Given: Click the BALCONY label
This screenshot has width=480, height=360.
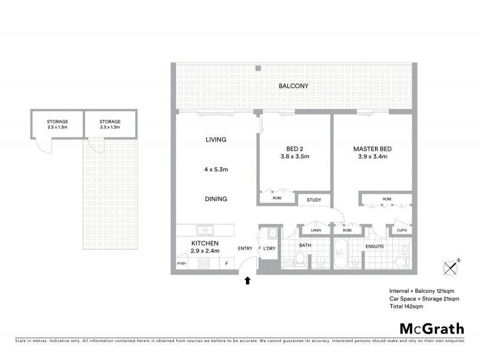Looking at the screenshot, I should [x=293, y=86].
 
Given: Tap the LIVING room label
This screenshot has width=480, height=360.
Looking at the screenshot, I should [x=215, y=140].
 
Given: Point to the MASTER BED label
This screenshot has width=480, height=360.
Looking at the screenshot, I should [x=373, y=149].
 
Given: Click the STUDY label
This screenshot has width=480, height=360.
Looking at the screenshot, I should [x=314, y=200].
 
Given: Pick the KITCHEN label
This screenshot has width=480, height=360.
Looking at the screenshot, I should [x=202, y=243].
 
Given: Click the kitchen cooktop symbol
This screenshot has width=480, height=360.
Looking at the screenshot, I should [x=203, y=263].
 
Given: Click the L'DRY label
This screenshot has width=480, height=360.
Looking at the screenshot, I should [x=268, y=248].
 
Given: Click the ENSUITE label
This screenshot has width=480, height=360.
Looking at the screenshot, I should [x=374, y=247].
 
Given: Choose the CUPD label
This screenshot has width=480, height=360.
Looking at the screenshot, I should [x=401, y=230].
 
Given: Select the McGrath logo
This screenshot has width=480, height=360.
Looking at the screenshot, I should [x=431, y=328].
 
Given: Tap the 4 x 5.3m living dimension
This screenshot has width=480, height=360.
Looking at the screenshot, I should [x=215, y=169].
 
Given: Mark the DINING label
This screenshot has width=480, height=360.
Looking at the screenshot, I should [x=215, y=199].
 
